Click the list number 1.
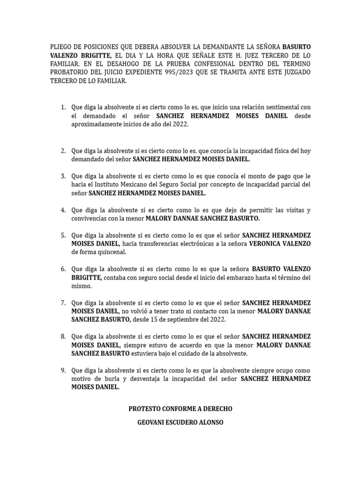pyautogui.click(x=63, y=108)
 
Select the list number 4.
pyautogui.click(x=63, y=210)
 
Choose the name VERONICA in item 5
pyautogui.click(x=267, y=244)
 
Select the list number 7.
pyautogui.click(x=63, y=303)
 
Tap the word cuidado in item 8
pyautogui.click(x=191, y=354)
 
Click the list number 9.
pyautogui.click(x=63, y=371)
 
